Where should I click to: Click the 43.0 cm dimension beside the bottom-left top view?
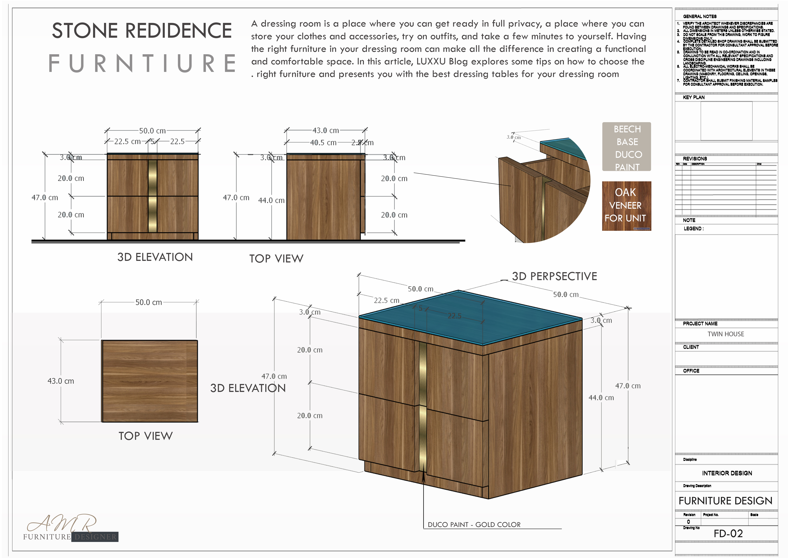point(61,381)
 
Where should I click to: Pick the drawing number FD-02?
point(728,534)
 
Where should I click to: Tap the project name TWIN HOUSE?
point(726,334)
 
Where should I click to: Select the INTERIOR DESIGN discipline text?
point(727,473)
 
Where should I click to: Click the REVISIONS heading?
point(695,159)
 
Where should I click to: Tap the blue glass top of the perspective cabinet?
point(470,318)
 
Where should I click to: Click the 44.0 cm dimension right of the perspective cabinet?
point(601,398)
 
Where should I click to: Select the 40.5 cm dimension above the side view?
point(323,143)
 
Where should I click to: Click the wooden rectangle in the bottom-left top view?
point(150,381)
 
